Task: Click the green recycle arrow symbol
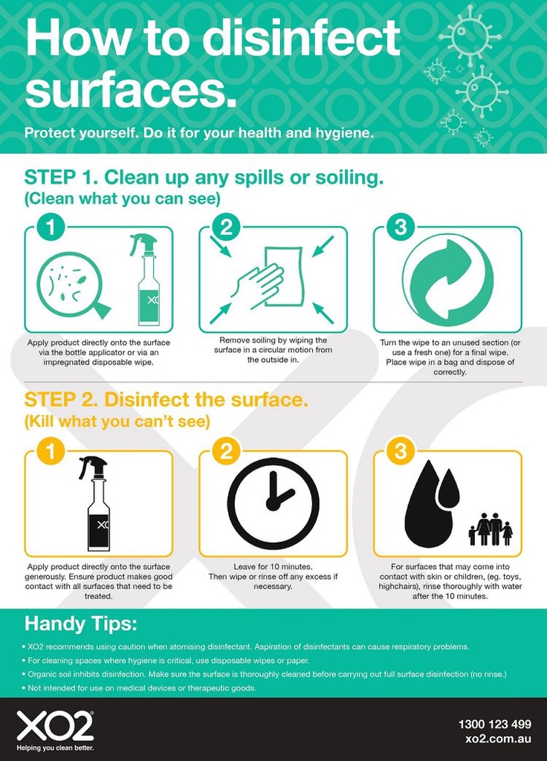point(448,279)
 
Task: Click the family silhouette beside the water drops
point(491,529)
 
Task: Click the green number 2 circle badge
point(226,227)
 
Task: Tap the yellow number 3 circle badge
point(401,451)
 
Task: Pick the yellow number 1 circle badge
point(51,451)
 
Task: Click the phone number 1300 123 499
point(494,724)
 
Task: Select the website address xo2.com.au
point(499,739)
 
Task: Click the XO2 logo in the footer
point(55,726)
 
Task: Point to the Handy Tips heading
point(80,624)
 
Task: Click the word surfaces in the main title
point(131,90)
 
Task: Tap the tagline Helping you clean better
point(55,748)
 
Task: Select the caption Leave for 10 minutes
point(273,566)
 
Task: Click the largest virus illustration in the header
point(470,35)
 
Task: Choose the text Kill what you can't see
point(117,421)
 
